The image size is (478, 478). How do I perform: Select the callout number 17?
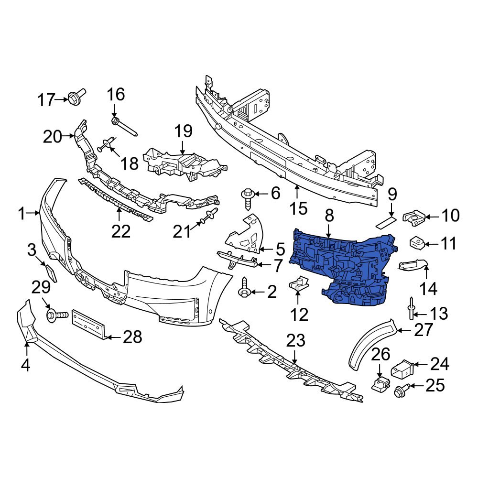click(x=47, y=100)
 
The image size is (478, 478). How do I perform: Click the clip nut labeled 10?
click(x=413, y=217)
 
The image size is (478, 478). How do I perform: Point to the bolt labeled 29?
click(x=55, y=315)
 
